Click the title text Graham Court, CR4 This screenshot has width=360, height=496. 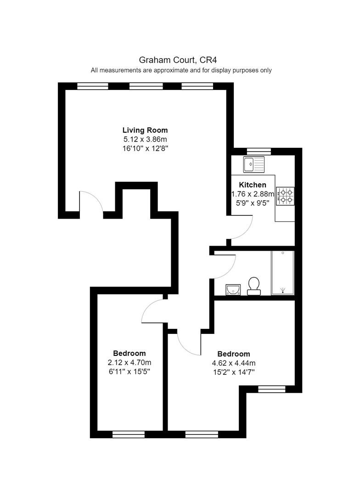point(178,60)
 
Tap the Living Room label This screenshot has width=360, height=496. point(145,130)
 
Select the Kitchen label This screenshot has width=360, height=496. point(253,185)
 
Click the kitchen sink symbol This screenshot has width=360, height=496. point(254,164)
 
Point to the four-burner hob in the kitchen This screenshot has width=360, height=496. point(285,196)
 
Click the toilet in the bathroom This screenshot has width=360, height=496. point(254,286)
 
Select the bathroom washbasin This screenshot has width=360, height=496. point(233,289)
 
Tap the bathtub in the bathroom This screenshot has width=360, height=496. point(283,273)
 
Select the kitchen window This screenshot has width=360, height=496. point(259,151)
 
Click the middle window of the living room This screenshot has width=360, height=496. point(146,86)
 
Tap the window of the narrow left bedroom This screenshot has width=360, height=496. point(129,434)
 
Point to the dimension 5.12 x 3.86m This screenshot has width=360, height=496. point(145,139)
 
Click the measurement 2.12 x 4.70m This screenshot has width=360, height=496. point(129,362)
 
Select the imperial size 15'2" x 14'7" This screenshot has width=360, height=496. point(234,372)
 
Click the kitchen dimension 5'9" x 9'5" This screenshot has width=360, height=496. point(253,203)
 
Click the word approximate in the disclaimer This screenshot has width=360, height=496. point(171,70)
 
